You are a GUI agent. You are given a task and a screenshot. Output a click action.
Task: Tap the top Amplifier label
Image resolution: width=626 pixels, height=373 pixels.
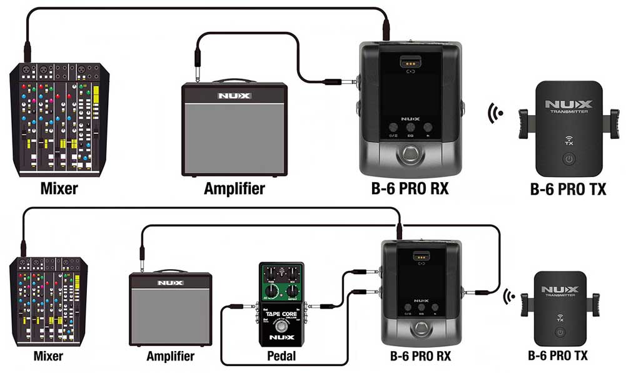coord(234,188)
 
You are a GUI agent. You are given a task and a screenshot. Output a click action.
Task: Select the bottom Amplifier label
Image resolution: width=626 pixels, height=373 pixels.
coord(170,357)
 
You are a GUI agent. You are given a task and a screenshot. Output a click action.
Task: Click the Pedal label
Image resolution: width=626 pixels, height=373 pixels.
coord(281,357)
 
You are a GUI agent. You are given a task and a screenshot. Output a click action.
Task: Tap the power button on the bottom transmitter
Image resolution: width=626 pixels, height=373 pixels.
coord(561,332)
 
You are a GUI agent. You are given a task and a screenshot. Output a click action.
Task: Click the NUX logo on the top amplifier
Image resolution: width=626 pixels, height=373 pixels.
coord(234,96)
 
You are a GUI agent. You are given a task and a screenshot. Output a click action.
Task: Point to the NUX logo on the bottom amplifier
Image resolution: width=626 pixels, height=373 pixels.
coord(170,283)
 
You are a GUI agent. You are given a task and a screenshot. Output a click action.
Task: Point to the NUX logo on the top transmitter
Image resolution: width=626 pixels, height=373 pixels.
coord(568,103)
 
